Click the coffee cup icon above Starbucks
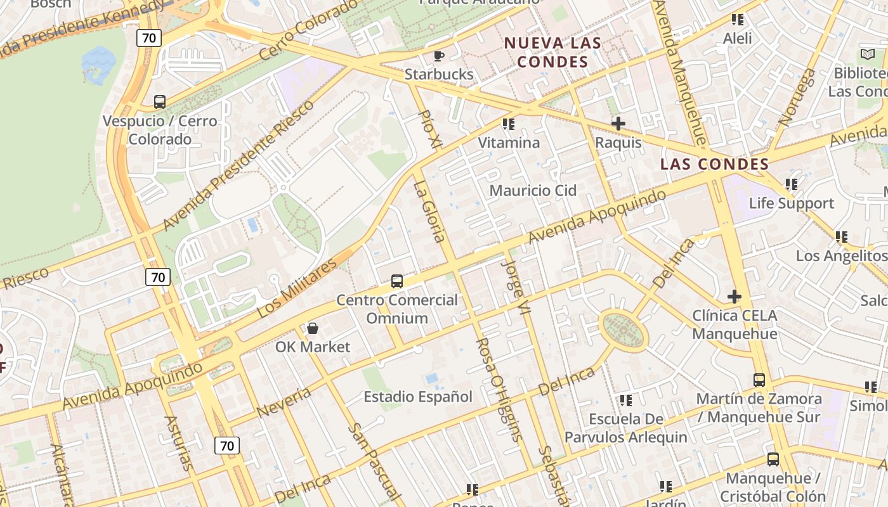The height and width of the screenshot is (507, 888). coord(438,56)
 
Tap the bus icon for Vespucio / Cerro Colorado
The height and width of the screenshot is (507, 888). coord(160,101)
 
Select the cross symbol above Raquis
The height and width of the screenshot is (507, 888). coord(618,124)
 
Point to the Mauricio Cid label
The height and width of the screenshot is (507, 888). coord(533,190)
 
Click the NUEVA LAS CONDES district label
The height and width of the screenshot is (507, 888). coord(552,53)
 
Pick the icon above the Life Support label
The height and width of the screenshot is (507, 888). coord(791,184)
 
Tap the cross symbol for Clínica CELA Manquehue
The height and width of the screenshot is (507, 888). coord(735,297)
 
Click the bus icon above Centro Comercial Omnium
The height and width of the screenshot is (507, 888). coord(397,281)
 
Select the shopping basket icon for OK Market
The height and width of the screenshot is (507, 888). coord(313,328)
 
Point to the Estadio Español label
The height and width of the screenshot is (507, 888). coord(418,397)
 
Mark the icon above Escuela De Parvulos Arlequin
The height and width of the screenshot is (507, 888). coord(626,401)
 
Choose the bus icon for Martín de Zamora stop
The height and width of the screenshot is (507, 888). coord(759,380)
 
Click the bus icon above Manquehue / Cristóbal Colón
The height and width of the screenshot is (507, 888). coord(773,459)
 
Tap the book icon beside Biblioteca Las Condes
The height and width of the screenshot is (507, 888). coord(866,55)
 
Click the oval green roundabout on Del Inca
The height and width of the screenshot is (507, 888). coord(624,330)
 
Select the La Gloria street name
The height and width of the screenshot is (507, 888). coord(428,212)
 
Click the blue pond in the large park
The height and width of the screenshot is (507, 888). coord(98,64)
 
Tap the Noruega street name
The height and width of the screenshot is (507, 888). coord(799,97)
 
